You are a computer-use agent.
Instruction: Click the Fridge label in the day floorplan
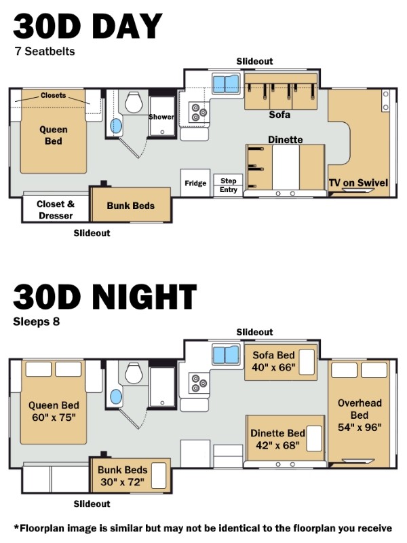(195, 183)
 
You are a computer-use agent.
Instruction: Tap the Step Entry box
(228, 185)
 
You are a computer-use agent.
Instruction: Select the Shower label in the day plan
(161, 117)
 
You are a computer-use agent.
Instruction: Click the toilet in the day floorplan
(134, 102)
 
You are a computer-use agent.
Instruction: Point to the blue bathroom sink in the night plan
(116, 396)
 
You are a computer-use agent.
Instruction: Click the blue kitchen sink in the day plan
(226, 83)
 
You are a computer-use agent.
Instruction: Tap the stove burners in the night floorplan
(199, 383)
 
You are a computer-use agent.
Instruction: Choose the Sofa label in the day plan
(279, 115)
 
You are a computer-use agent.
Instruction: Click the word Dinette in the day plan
(285, 140)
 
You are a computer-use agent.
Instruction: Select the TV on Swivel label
(358, 183)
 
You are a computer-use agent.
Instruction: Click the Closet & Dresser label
(56, 210)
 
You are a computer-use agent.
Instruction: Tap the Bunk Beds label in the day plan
(130, 206)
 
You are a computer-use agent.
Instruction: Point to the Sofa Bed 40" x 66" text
(273, 361)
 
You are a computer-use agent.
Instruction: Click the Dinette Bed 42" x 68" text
(277, 439)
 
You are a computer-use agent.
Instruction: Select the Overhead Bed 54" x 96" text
(360, 415)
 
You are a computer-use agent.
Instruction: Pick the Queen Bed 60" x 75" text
(54, 411)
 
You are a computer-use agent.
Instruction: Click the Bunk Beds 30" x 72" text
(123, 476)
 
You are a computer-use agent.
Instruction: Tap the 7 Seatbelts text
(45, 52)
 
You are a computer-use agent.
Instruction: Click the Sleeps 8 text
(37, 322)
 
